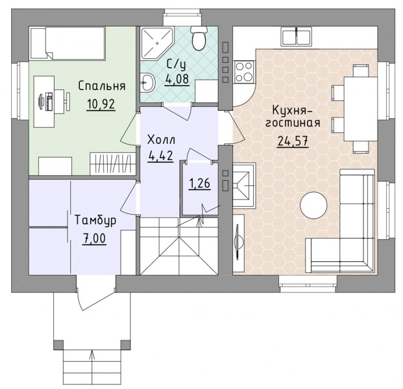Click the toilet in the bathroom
199,38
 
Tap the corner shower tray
156,42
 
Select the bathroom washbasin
147,82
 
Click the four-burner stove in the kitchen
244,72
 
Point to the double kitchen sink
297,37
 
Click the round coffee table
313,206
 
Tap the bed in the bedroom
68,43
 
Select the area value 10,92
101,104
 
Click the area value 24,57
293,141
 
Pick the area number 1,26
200,183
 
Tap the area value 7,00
94,239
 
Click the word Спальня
102,86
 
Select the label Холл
162,140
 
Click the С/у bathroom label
176,65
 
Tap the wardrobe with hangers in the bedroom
112,164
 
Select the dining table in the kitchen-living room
360,109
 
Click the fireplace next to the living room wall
244,185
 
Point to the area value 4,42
161,156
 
